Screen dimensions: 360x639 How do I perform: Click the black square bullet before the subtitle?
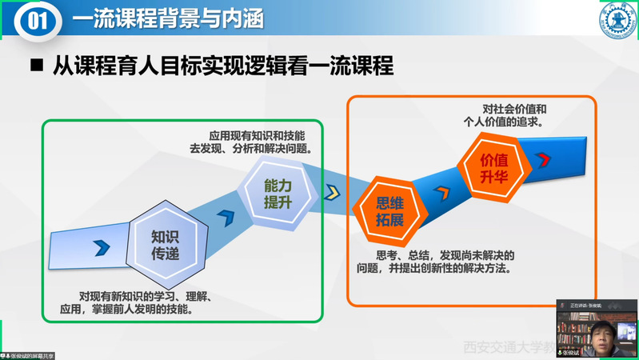point(36,66)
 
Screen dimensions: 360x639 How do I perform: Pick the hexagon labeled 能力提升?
point(276,194)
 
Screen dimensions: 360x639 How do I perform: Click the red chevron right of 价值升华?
point(546,159)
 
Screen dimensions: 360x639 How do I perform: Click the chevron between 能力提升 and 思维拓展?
point(332,193)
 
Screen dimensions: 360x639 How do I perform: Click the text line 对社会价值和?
point(514,108)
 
